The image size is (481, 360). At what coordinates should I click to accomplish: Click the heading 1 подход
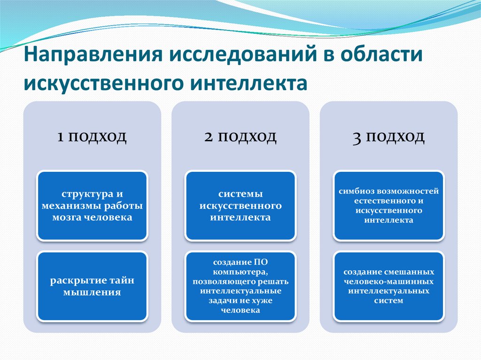coord(92,137)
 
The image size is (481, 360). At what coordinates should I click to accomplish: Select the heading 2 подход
coord(240,137)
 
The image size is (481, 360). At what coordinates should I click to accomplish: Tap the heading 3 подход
coord(388,137)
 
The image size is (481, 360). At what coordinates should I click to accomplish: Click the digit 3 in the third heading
coord(357,138)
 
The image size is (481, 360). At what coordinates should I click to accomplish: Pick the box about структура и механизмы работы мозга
coord(92,206)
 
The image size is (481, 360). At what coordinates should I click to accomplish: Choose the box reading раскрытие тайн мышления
coord(92,286)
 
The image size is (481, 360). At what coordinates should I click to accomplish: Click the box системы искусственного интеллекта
coord(240,206)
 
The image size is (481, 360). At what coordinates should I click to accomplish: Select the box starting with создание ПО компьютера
coord(240,286)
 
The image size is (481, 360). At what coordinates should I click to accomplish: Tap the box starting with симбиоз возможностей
coord(388,206)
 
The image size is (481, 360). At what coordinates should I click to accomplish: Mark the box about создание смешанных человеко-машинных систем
coord(388,286)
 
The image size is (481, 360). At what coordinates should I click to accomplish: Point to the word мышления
coord(92,292)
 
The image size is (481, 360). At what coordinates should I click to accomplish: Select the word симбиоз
coord(357,191)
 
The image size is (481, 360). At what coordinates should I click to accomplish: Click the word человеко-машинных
coord(388,282)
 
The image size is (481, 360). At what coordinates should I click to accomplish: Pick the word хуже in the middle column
coord(263,301)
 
